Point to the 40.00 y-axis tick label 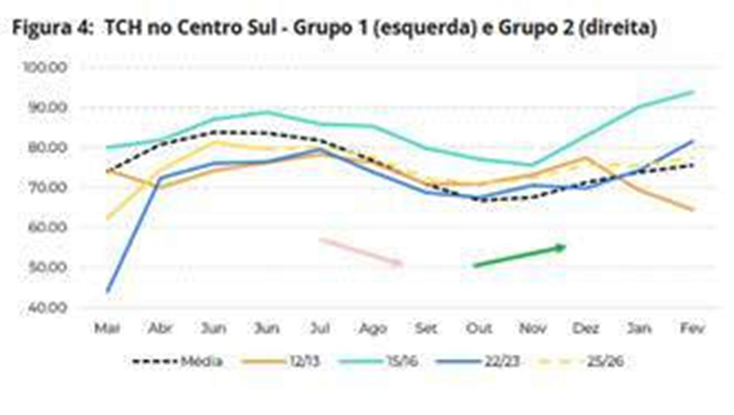(46, 307)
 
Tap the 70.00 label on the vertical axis (46, 188)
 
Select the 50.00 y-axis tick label (46, 267)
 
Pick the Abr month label (161, 328)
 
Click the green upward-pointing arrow (520, 255)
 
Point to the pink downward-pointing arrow (361, 252)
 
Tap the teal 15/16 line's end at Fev (693, 92)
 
